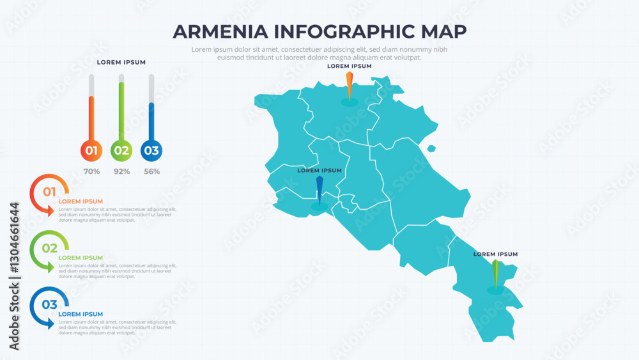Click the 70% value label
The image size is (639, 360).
[91, 171]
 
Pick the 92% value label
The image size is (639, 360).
[121, 171]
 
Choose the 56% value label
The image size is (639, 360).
[151, 171]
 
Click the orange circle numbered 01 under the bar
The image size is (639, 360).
[91, 151]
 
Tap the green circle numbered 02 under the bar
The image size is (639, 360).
[121, 151]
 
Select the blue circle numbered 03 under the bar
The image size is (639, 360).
[151, 151]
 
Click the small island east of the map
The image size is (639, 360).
[431, 149]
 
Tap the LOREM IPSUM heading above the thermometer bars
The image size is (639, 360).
[121, 62]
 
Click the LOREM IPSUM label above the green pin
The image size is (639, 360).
[495, 254]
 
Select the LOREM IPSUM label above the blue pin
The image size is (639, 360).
[319, 171]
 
